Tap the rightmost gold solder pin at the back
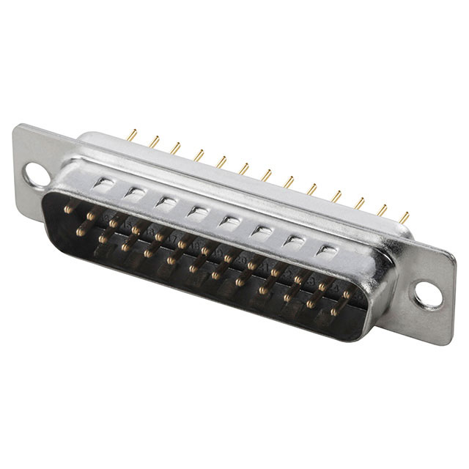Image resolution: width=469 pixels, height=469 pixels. pos(404,218)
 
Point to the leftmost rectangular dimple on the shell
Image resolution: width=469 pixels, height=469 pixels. pos(103,183)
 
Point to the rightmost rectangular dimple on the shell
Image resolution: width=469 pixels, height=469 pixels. pos(326,249)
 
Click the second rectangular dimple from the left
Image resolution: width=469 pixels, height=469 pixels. pos(135,192)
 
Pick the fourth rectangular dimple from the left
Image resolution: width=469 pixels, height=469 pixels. pos(197,211)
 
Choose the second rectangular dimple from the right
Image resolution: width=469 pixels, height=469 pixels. pos(294,240)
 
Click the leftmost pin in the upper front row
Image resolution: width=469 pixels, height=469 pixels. pos(67,210)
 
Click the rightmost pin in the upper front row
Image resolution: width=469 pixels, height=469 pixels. pos(347,295)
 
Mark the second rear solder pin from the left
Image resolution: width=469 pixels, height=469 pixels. pos(154,141)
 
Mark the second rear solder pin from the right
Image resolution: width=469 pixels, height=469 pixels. pos(381,210)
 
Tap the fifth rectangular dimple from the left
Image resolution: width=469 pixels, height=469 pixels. pos(229,221)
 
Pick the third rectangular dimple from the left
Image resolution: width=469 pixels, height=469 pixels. pos(166,202)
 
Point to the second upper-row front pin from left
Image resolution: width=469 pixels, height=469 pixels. pos(91,217)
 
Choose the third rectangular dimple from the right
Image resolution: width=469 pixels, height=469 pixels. pos(262,230)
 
